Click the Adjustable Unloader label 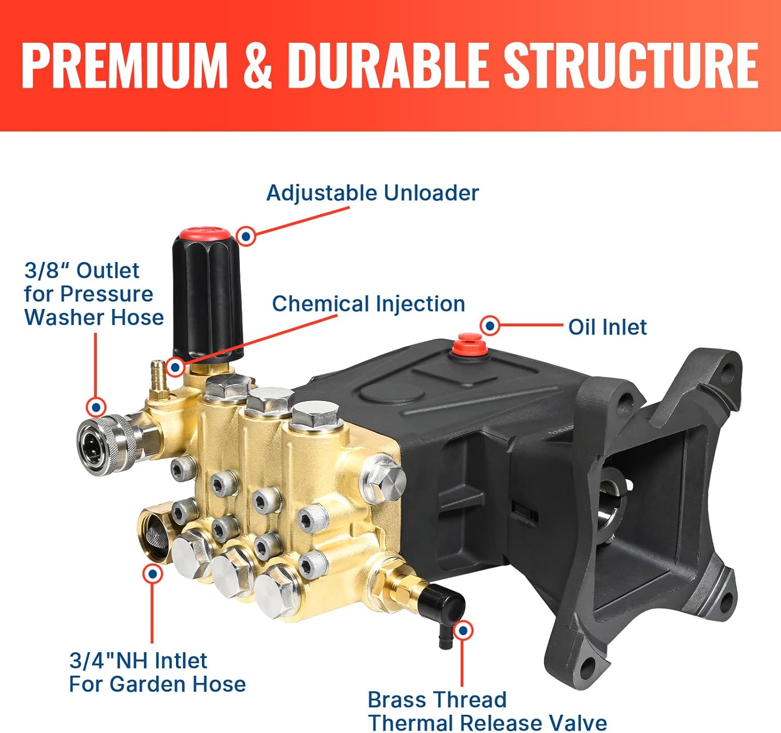pyautogui.click(x=372, y=193)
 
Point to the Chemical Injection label pyautogui.click(x=368, y=304)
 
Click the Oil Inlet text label pyautogui.click(x=607, y=327)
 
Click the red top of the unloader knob pyautogui.click(x=203, y=233)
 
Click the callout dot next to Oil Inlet pyautogui.click(x=489, y=326)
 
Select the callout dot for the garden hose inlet pyautogui.click(x=153, y=574)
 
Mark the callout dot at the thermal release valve pyautogui.click(x=462, y=630)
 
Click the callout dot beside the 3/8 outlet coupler pyautogui.click(x=96, y=406)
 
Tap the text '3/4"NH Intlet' pyautogui.click(x=138, y=661)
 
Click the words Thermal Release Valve pyautogui.click(x=487, y=723)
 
